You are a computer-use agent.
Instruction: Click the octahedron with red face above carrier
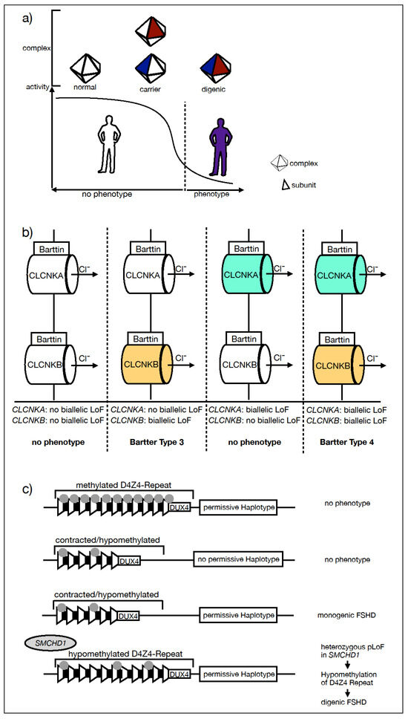click(153, 30)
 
